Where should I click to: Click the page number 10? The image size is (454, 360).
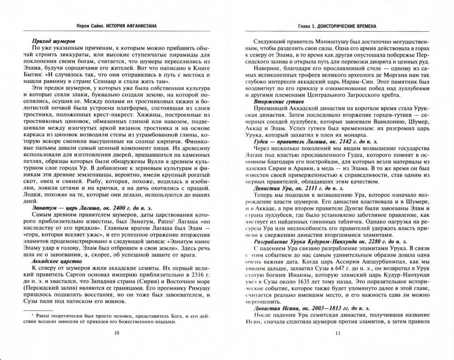click(x=117, y=333)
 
